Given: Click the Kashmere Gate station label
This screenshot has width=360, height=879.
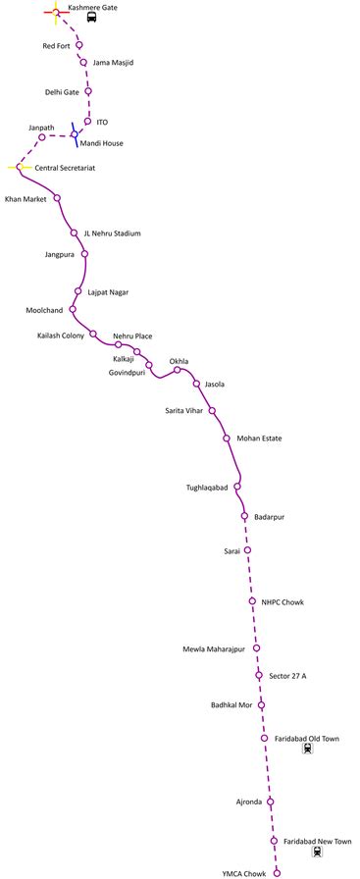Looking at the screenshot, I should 95,7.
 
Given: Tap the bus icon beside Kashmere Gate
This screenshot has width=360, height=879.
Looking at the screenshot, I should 90,18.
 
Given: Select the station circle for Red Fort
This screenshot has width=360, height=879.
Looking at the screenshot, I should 79,45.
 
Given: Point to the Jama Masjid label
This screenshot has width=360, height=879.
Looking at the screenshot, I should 113,63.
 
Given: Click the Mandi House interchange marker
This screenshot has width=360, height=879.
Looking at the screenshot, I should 74,134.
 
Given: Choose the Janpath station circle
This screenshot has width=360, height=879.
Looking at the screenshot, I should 42,136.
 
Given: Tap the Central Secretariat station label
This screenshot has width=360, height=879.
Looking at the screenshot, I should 65,168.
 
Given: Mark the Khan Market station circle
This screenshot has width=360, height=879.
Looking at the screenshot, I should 57,198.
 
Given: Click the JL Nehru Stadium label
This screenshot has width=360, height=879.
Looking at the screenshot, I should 112,233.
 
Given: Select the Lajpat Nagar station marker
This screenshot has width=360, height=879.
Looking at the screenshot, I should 77,290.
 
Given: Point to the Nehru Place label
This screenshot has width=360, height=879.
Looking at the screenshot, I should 132,336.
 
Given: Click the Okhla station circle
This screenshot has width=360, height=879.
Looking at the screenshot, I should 178,370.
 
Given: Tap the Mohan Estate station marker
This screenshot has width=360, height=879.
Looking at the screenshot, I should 227,438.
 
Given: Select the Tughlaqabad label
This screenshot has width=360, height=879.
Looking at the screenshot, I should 207,488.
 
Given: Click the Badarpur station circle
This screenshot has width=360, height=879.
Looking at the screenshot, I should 244,516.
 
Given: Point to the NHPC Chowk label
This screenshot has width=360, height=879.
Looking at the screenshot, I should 283,601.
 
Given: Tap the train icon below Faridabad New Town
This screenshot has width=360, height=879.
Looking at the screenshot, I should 317,852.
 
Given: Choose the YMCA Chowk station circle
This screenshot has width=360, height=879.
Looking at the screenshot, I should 277,872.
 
